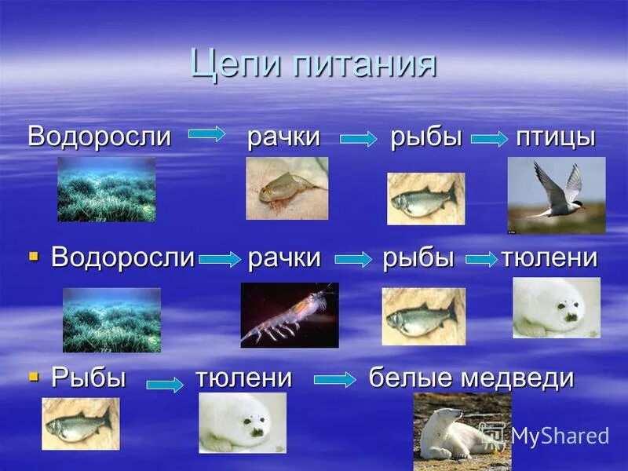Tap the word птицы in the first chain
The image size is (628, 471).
click(x=555, y=137)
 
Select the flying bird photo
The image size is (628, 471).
click(x=557, y=195)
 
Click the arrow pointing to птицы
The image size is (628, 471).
click(x=490, y=139)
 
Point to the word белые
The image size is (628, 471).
click(x=411, y=378)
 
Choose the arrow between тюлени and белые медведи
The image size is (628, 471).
click(x=334, y=380)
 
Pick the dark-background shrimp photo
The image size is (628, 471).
click(x=290, y=315)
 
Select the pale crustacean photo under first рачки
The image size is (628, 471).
click(x=287, y=188)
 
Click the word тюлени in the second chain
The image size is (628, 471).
click(x=549, y=258)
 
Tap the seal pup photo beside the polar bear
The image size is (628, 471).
click(x=242, y=422)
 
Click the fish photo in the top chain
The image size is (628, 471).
click(x=425, y=199)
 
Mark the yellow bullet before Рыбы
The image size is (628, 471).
click(x=33, y=378)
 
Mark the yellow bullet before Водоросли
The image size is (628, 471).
click(x=33, y=256)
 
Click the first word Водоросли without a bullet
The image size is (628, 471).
click(x=99, y=137)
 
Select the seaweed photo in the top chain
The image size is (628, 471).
click(x=106, y=189)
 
